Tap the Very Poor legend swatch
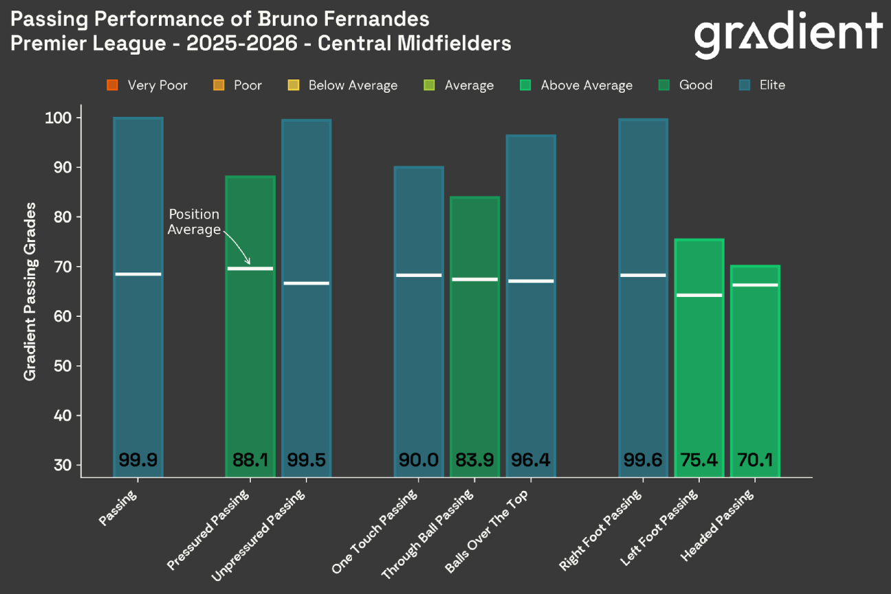pos(113,85)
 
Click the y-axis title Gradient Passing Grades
pos(30,291)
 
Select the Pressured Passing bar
pos(250,323)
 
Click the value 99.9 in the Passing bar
pos(138,460)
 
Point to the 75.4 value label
pos(698,460)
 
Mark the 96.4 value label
pos(530,460)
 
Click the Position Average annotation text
pos(194,222)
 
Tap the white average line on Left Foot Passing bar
pos(698,295)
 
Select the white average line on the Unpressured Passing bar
pos(306,283)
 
